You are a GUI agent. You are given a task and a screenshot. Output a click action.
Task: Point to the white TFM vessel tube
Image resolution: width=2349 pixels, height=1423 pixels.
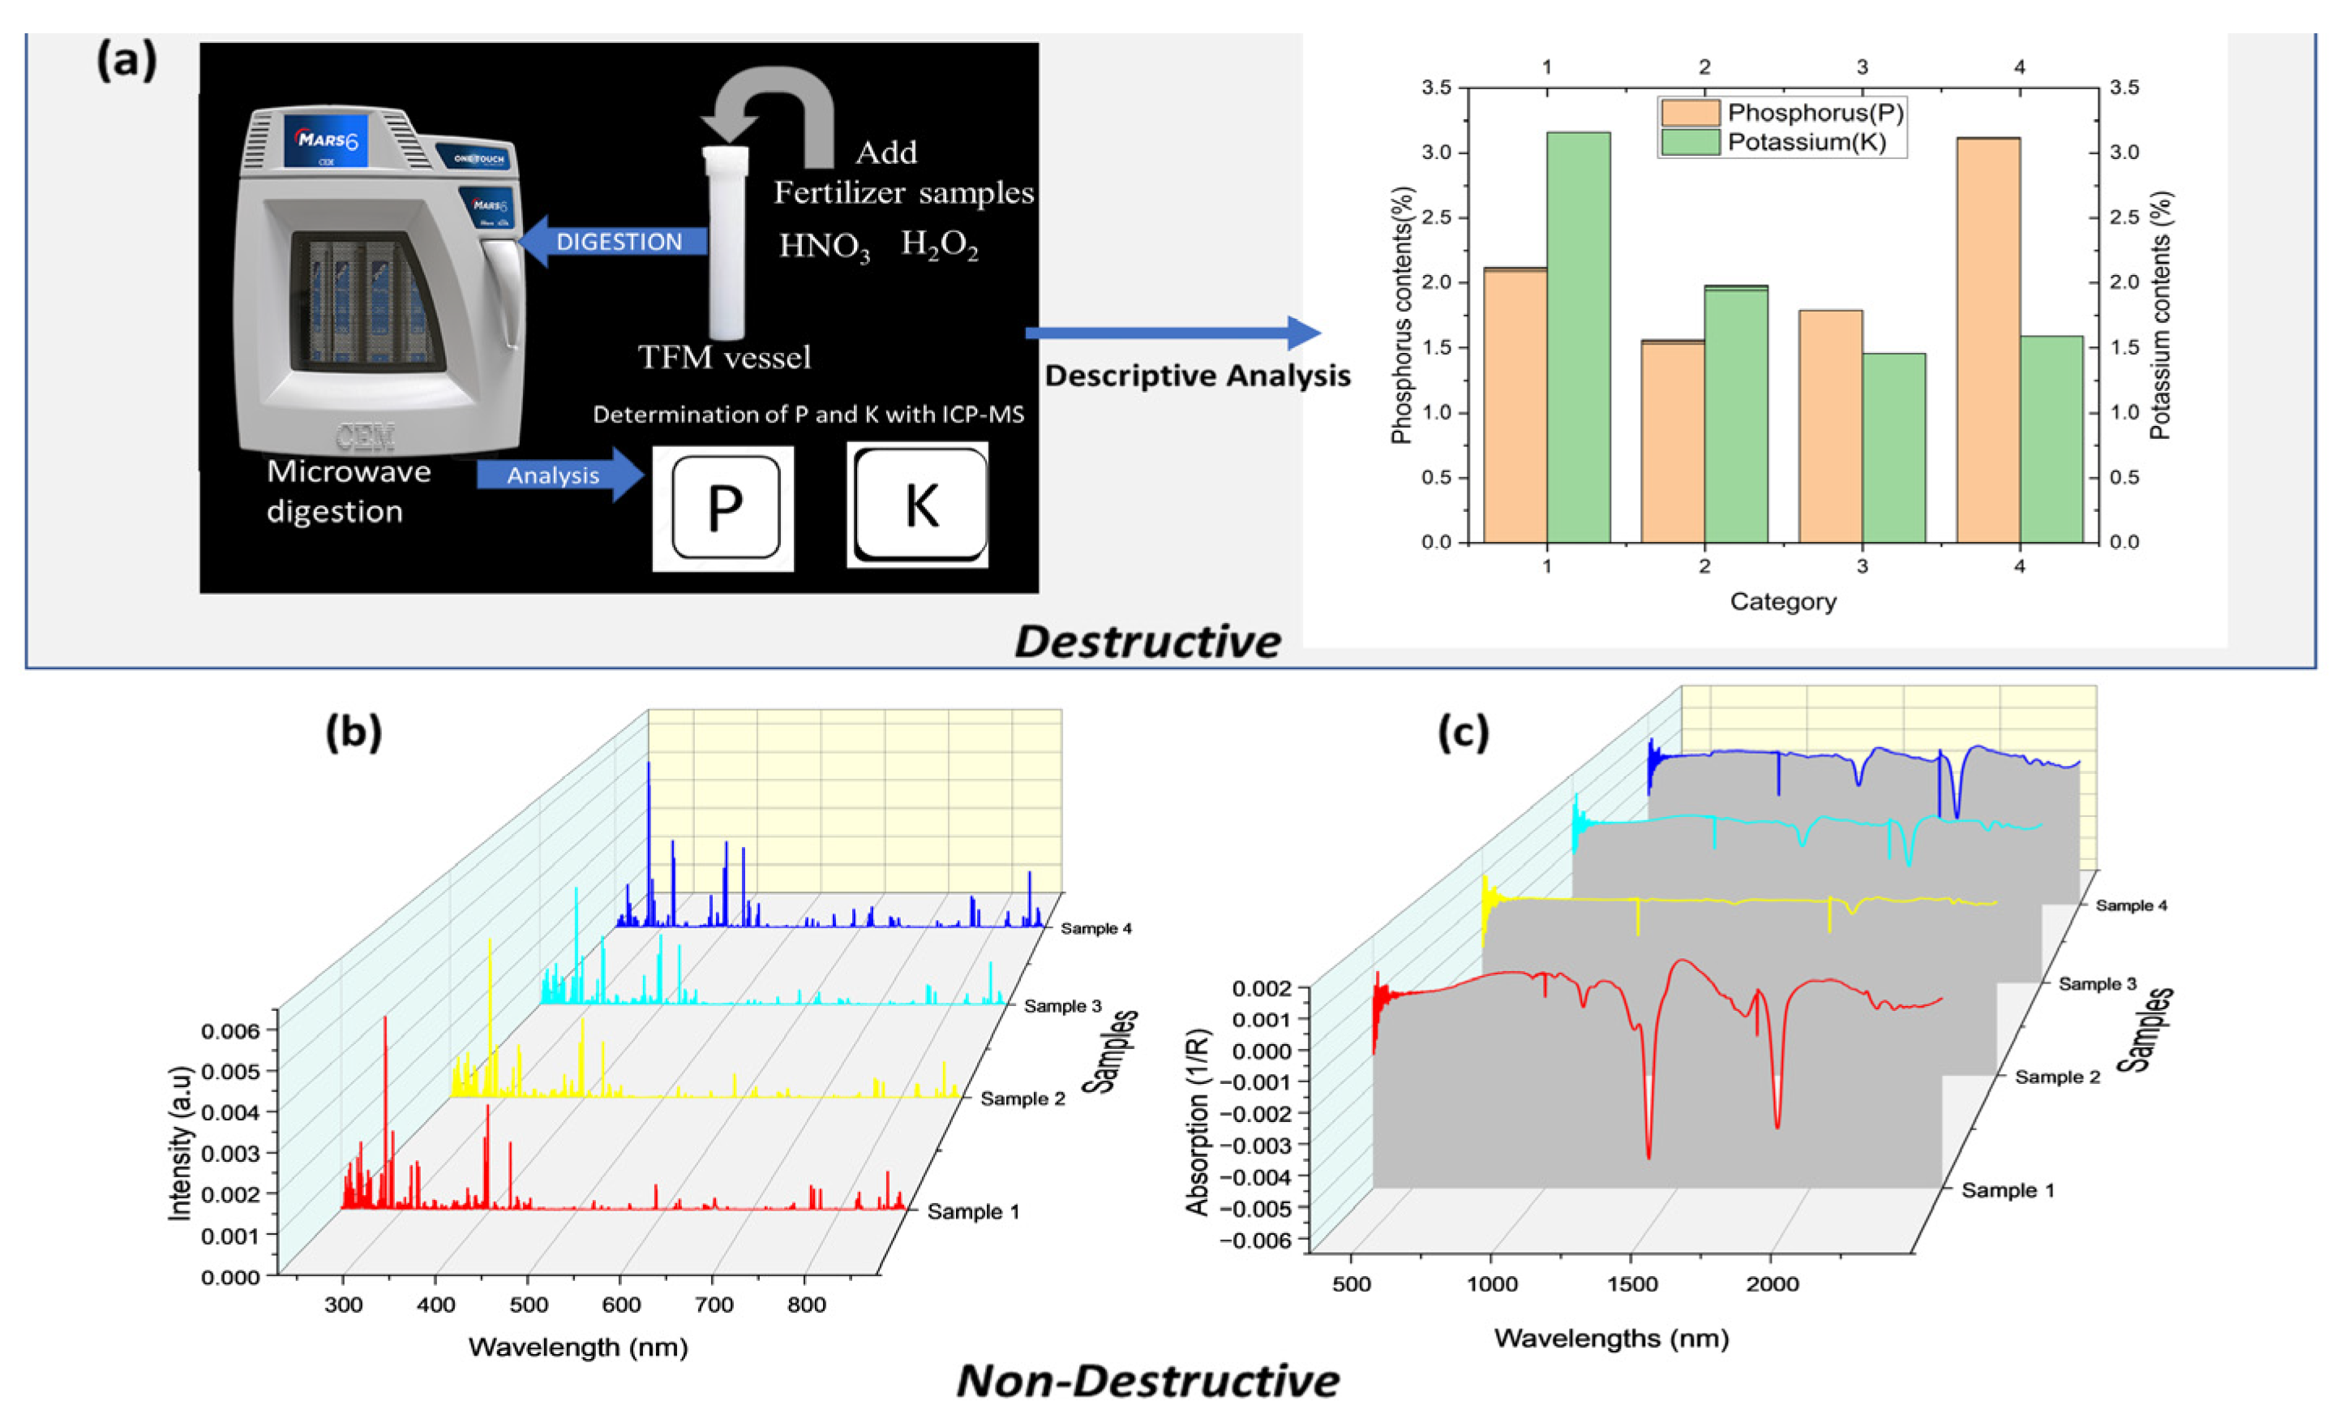726,243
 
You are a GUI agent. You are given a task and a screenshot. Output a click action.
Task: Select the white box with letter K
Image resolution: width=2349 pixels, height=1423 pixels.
918,505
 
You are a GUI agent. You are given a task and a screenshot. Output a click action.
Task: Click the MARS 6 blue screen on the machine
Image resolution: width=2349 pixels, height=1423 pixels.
326,140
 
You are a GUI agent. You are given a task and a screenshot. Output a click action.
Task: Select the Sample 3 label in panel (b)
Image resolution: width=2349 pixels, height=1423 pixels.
1062,1006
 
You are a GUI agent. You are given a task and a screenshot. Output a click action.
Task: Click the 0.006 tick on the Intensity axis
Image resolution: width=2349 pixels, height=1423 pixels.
229,1031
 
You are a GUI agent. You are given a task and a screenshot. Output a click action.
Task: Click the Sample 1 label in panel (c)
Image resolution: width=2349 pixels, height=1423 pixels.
2008,1190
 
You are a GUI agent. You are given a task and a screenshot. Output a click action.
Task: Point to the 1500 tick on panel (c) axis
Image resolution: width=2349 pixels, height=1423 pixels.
1632,1283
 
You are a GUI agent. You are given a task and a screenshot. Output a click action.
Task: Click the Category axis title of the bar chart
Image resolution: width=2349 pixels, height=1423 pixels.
1783,602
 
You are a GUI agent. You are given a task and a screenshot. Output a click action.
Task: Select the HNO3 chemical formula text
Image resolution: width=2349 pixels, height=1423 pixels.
824,247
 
